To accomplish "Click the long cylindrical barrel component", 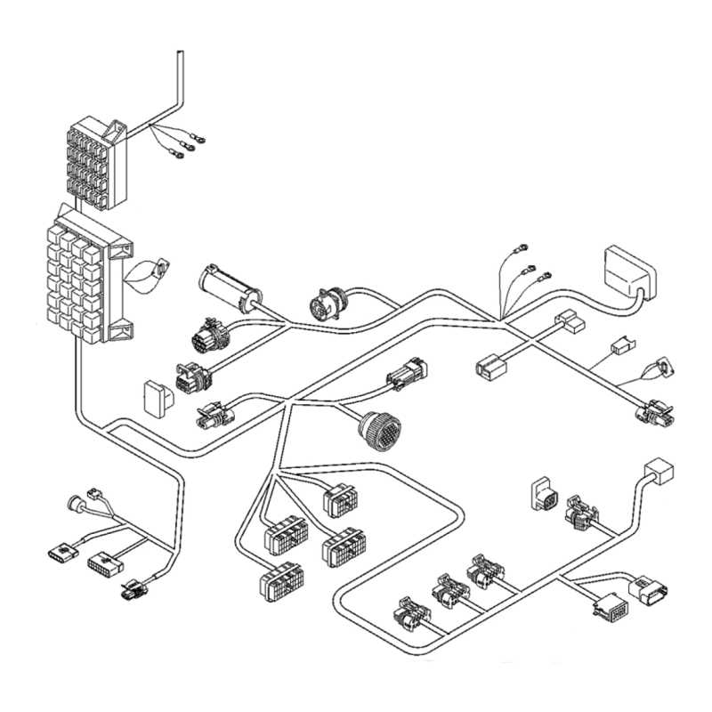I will pos(226,286).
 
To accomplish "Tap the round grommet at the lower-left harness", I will pos(74,504).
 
